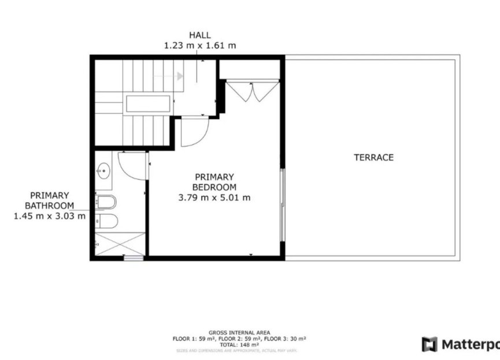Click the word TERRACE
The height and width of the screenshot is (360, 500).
tap(373, 157)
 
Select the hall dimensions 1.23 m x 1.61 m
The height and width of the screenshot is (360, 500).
tap(200, 45)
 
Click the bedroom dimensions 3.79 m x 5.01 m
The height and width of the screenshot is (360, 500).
tap(214, 198)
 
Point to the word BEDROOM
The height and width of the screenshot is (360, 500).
tap(214, 187)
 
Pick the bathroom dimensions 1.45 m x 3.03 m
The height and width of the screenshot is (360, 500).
tap(50, 216)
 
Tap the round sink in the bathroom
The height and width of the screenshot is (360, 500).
tap(104, 170)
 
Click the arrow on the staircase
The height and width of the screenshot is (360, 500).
tap(179, 76)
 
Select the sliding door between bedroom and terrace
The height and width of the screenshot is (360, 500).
tap(282, 205)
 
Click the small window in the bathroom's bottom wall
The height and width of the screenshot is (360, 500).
tap(134, 258)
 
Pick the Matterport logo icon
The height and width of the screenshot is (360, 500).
tap(429, 344)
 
